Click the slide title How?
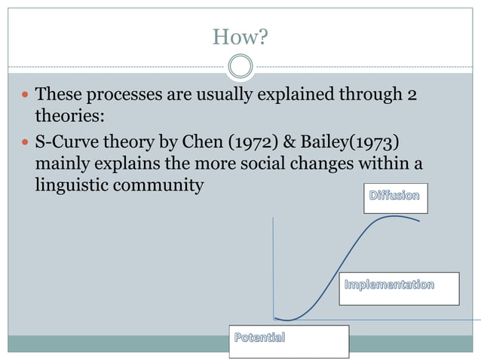(240, 36)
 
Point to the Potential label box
(289, 341)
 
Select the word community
(163, 184)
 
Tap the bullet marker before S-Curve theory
(26, 142)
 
